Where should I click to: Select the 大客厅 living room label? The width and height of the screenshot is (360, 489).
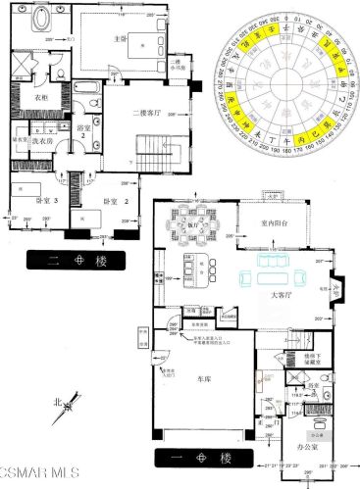(283, 292)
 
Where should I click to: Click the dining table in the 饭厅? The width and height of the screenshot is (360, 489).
(184, 233)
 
